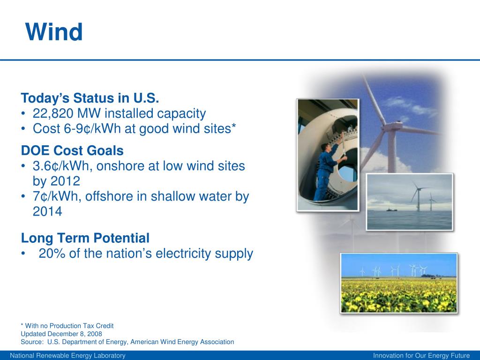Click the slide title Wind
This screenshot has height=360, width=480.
(54, 32)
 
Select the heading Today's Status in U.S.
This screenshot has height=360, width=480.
(90, 98)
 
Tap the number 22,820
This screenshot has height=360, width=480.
(53, 113)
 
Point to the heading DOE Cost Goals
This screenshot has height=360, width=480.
(72, 150)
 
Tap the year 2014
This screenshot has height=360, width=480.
(47, 211)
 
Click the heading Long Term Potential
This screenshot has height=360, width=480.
(85, 238)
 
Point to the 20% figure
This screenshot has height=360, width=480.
(52, 254)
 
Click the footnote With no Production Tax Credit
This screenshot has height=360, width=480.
(69, 326)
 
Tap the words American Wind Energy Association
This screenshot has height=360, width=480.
(182, 342)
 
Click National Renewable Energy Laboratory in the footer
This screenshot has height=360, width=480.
(67, 355)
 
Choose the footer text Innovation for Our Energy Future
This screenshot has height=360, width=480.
(421, 355)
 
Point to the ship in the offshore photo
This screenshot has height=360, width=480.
(390, 210)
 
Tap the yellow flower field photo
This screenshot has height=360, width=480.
(398, 283)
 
